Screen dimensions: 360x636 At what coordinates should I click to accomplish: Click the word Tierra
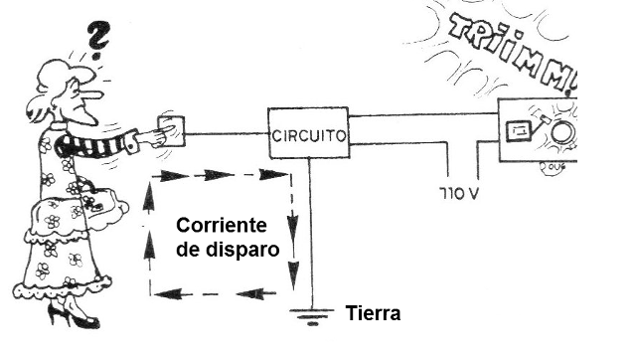(x=373, y=314)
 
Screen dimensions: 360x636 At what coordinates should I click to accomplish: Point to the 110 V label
(x=456, y=188)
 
